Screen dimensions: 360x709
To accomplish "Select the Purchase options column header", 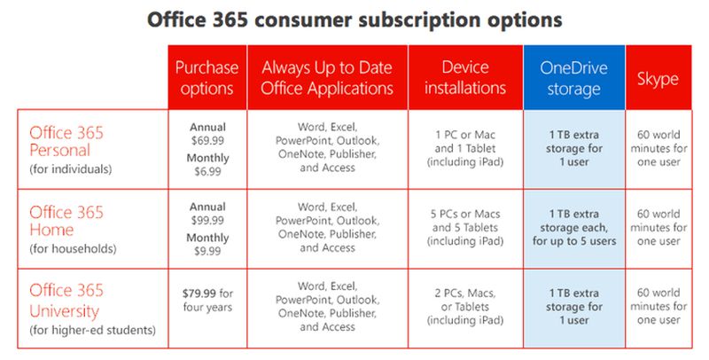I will pos(206,78).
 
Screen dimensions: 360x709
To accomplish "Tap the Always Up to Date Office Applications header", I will pos(327,78).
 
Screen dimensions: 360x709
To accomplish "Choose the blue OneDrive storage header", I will pos(574,78).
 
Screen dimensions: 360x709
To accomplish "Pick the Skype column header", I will pos(658,78).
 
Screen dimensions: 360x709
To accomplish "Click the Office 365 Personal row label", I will pos(67,142).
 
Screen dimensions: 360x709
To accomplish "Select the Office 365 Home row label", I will pos(67,222).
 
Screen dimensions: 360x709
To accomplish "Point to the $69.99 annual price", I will pos(206,140).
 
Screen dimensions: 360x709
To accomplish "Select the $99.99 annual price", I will pos(206,220).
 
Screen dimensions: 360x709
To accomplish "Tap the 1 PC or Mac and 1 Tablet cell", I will pos(465,148).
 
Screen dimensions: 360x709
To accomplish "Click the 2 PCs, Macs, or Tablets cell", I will pos(465,307).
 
